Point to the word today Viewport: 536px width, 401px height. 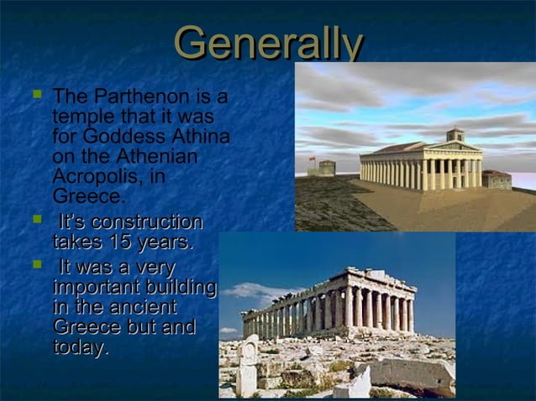click(80, 347)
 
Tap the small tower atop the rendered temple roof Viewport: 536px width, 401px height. click(455, 134)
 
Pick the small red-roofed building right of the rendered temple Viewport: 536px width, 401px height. click(497, 179)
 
